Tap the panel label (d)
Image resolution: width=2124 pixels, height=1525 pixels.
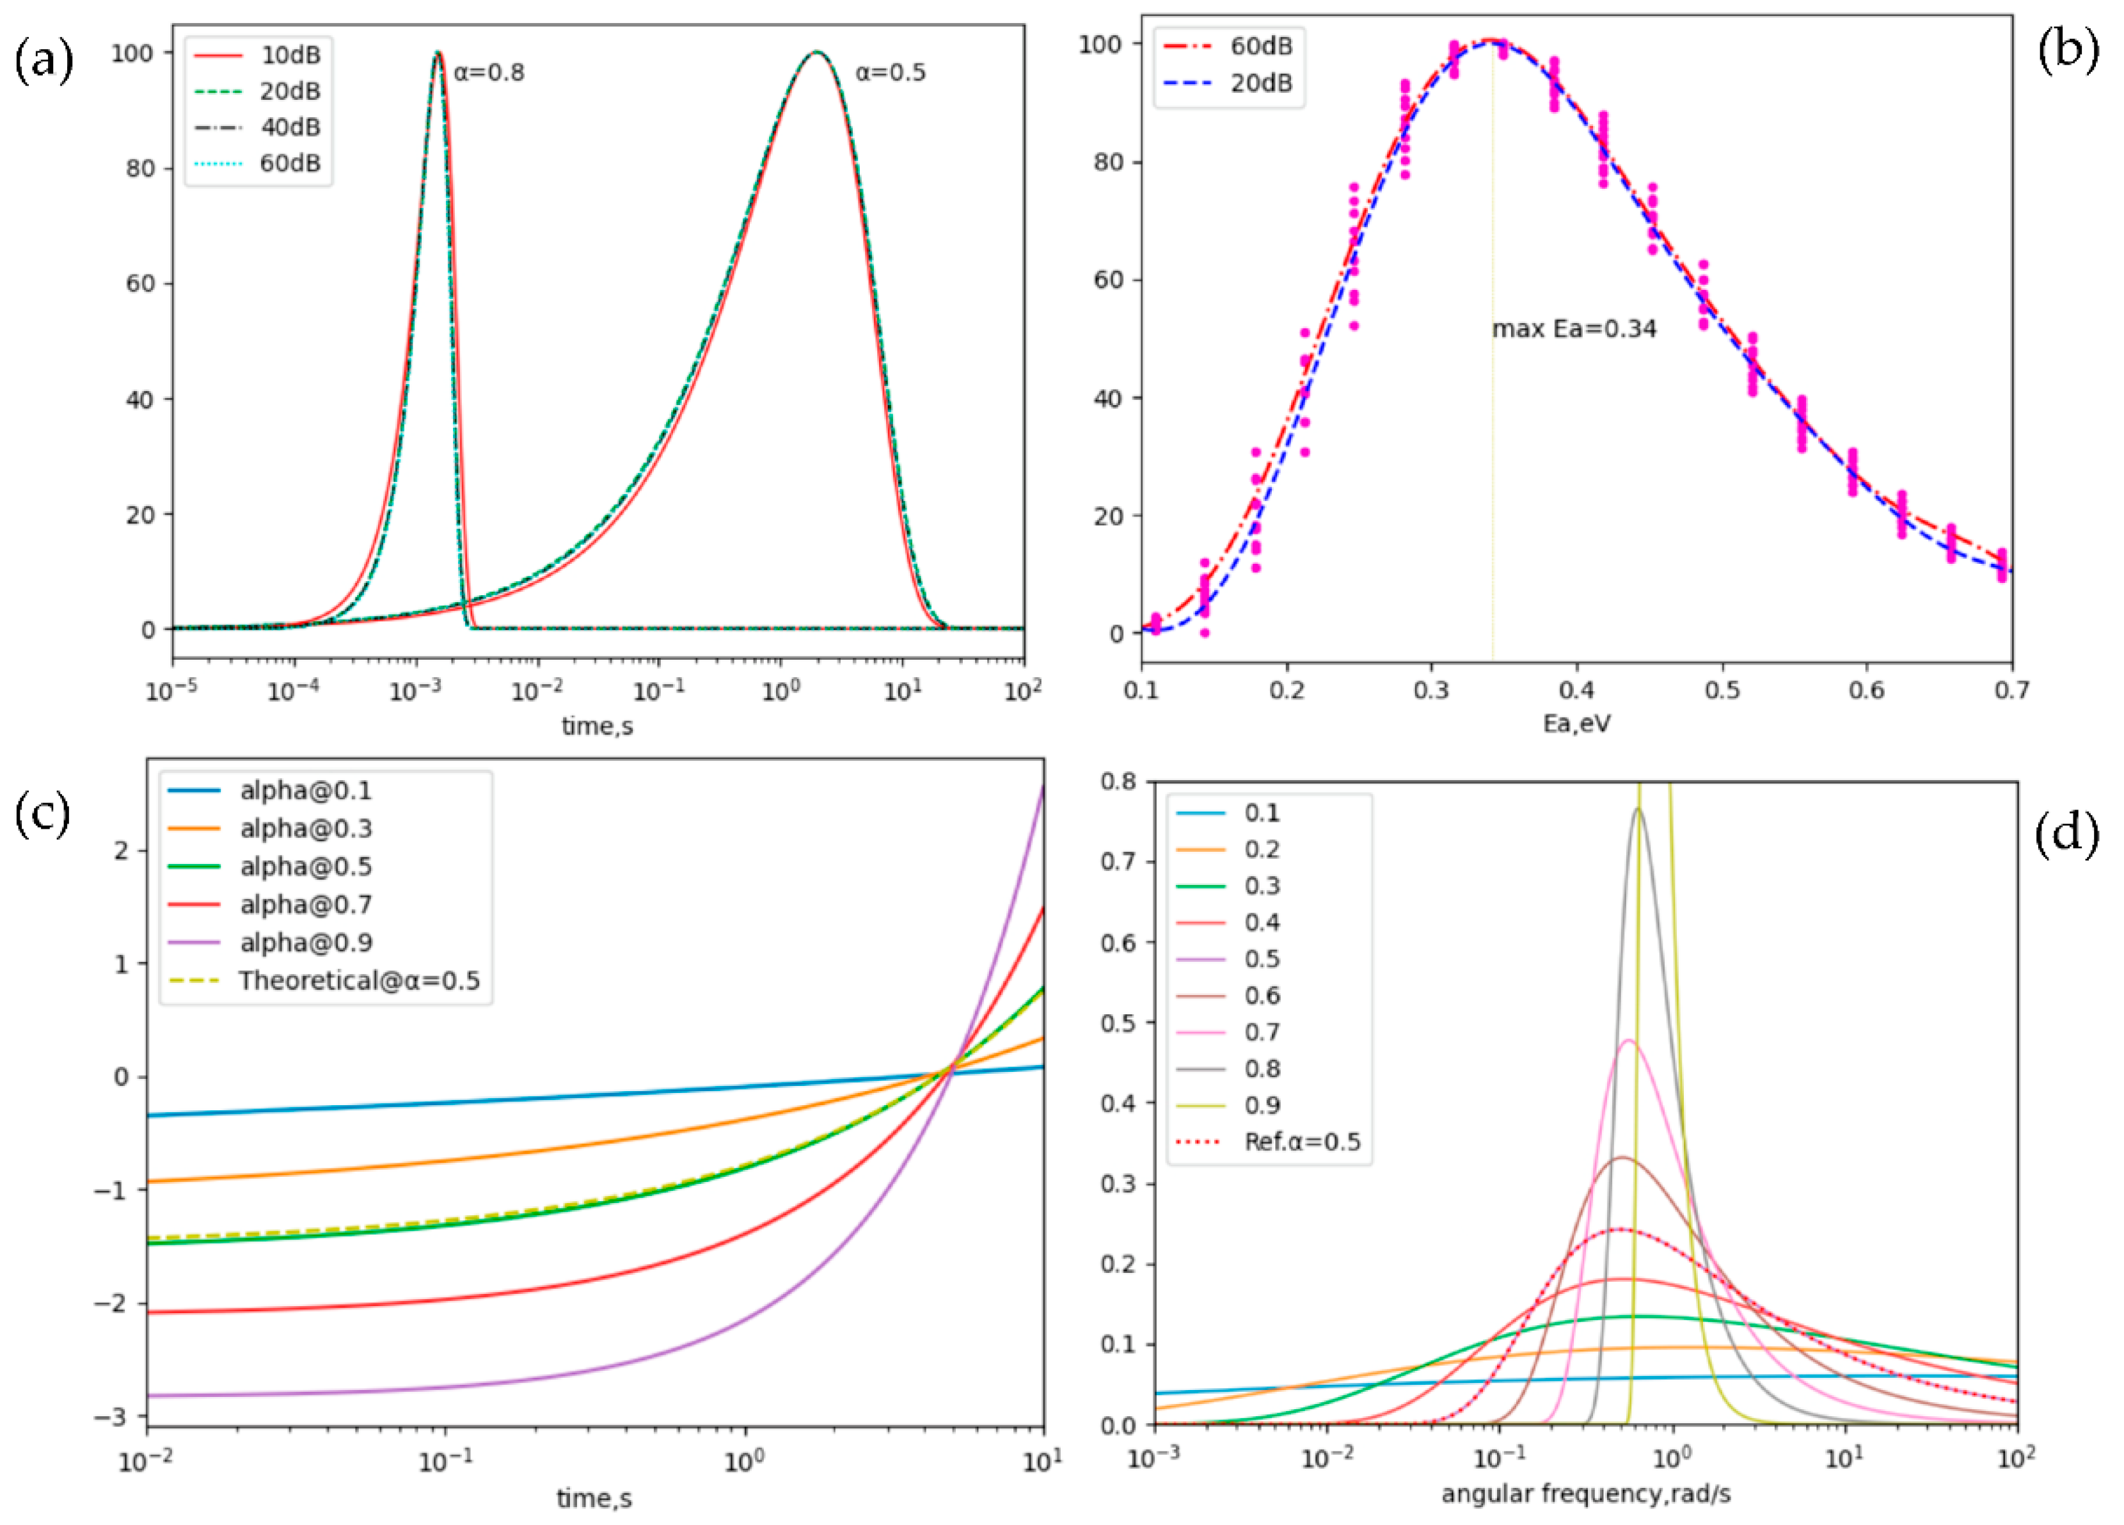[2068, 832]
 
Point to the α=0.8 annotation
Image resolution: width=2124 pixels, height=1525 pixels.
[489, 73]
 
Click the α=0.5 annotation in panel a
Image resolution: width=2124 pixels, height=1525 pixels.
[890, 73]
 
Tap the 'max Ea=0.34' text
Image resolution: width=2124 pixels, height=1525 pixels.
[1573, 329]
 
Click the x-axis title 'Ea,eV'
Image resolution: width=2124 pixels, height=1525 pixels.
[1577, 724]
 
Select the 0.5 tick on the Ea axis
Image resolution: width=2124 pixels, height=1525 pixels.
[1722, 691]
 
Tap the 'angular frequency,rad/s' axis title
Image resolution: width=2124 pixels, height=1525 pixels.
[1585, 1494]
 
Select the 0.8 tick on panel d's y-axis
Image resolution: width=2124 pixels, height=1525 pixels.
[1121, 781]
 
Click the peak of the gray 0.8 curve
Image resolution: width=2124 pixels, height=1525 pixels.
[1638, 810]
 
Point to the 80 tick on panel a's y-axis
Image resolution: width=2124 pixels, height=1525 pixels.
[141, 168]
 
